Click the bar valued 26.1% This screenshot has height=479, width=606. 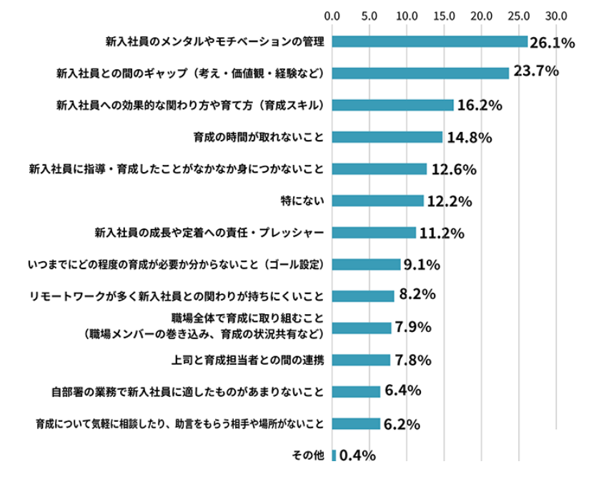[429, 41]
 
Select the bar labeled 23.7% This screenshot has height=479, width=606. [420, 73]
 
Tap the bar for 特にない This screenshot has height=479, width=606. [377, 201]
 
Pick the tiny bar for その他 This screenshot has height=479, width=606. [334, 455]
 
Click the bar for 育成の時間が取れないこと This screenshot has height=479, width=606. [387, 137]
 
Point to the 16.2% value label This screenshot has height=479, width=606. [480, 106]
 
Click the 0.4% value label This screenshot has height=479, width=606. [357, 455]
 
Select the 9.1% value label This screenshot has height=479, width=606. [422, 266]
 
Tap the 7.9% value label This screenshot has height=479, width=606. [412, 328]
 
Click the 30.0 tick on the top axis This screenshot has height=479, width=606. [556, 14]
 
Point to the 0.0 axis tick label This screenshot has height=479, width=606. [332, 14]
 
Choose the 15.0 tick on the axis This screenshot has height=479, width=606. [444, 14]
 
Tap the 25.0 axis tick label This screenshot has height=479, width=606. [519, 14]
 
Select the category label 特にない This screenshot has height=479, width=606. [304, 201]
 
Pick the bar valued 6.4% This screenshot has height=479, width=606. [356, 391]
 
